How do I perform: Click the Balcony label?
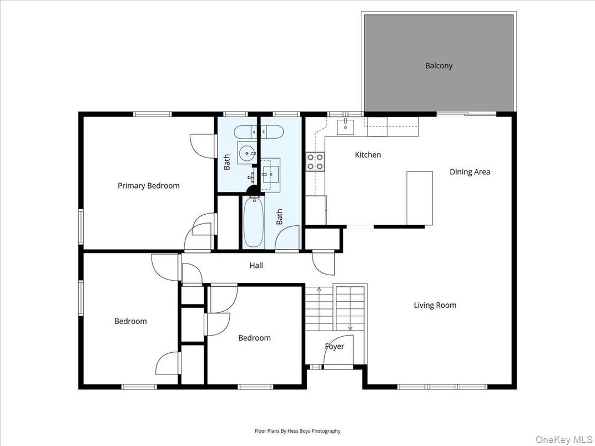438,65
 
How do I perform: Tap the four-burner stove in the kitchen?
315,161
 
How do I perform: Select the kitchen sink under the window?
346,126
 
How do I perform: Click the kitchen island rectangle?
420,198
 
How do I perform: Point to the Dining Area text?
470,172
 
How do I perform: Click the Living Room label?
435,305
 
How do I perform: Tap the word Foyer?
334,347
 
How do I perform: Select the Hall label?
256,266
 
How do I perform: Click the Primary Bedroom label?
148,186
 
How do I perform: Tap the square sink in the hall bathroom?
270,174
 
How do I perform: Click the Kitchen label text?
367,155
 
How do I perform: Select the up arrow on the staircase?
319,290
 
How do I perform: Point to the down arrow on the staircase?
350,327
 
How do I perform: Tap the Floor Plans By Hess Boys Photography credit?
297,431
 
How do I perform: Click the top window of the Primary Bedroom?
152,114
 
